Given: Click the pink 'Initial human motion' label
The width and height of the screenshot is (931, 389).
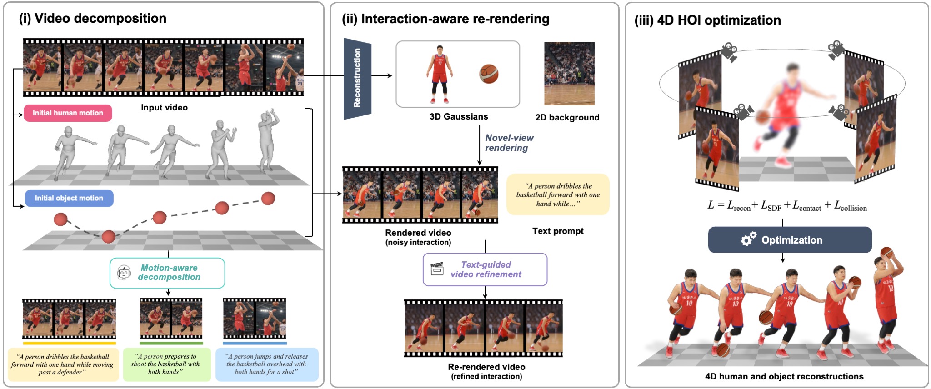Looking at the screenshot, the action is [x=68, y=113].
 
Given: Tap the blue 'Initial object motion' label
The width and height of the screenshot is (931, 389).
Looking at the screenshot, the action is [x=69, y=198].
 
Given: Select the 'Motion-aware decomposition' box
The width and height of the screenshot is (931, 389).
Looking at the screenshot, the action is [x=167, y=273].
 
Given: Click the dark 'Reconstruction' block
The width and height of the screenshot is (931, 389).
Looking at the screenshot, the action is [x=357, y=78].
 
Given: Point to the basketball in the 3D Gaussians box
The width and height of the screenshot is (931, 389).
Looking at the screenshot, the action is [x=489, y=74].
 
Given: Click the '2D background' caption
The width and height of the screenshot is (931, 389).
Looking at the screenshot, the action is [x=567, y=117].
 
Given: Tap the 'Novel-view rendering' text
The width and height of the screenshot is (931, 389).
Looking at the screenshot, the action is [x=509, y=143].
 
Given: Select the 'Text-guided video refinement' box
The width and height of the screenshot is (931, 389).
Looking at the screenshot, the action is [x=485, y=269].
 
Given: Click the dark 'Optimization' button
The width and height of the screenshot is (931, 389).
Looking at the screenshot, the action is [x=790, y=240].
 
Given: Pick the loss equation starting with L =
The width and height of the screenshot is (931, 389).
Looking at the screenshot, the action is [x=787, y=206].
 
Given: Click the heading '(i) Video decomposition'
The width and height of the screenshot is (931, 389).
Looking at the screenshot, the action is [x=93, y=19].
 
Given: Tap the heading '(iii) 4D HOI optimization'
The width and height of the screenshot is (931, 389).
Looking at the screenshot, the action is [x=708, y=20].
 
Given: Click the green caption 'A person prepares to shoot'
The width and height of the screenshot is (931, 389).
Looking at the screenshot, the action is [x=167, y=364].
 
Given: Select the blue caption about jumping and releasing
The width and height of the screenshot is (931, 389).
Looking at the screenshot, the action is [x=267, y=364].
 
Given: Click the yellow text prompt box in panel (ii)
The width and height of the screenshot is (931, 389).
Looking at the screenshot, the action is [x=558, y=194].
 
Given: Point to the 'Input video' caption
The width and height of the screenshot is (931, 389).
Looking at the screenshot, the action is [x=164, y=108].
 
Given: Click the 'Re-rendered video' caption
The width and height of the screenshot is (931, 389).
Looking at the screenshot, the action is [x=486, y=367].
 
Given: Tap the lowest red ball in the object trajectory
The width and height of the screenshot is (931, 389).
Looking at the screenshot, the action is [x=108, y=237].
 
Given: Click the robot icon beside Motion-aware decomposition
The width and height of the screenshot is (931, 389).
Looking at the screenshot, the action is [x=124, y=273].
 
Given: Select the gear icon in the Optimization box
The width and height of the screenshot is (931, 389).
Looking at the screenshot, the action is [x=748, y=239].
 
